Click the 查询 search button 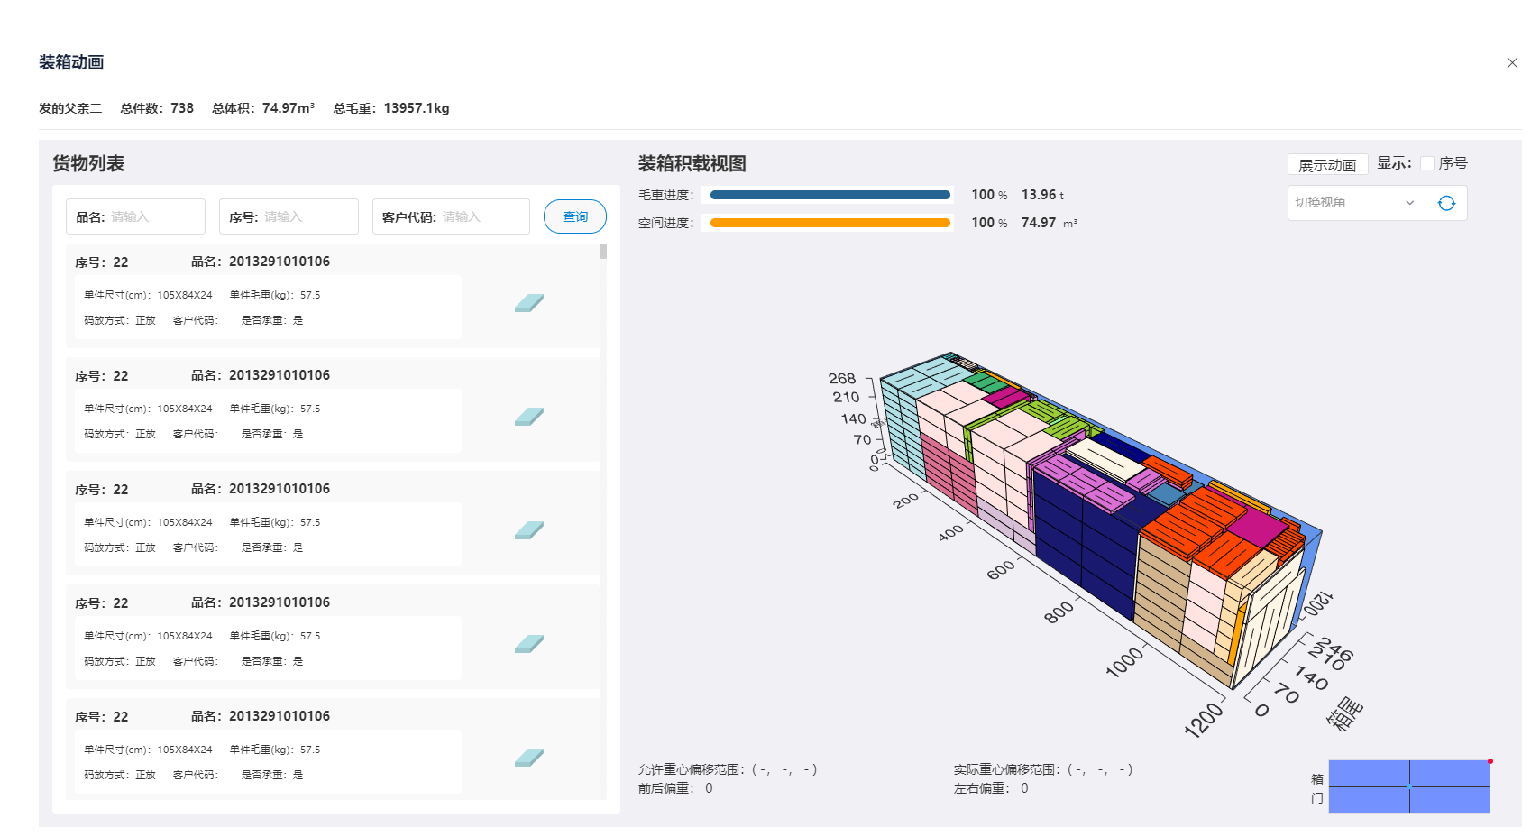(575, 216)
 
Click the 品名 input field (135, 216)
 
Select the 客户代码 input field (451, 216)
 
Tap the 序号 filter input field (289, 216)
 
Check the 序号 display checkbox (1427, 163)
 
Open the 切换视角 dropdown (1353, 202)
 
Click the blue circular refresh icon (1446, 203)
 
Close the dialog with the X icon (1512, 63)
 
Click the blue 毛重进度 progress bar (830, 195)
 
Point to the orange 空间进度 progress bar (830, 223)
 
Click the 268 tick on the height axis (842, 378)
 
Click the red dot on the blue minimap (1490, 761)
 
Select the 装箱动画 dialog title (71, 62)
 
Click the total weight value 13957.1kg (417, 108)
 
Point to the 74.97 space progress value (1038, 223)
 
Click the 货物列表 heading (88, 163)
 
